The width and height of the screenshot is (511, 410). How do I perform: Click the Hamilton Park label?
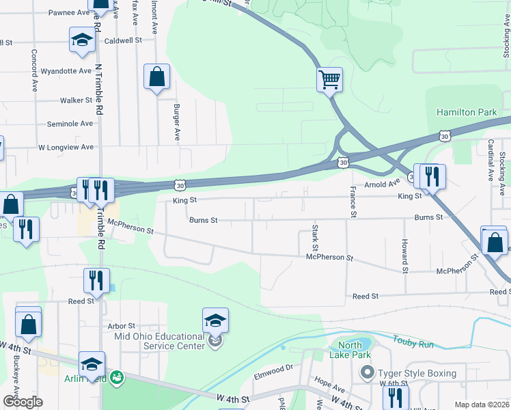tap(467, 112)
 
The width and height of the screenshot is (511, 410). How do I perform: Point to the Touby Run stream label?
tap(413, 340)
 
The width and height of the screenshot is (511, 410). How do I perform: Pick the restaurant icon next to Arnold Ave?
tap(432, 176)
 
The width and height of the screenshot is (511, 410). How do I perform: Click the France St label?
tap(353, 202)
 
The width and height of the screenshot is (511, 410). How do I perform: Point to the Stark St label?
tap(315, 236)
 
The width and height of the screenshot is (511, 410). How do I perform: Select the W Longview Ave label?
tap(66, 147)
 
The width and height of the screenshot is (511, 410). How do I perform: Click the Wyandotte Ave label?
tap(66, 71)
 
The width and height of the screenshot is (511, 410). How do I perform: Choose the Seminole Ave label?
tap(70, 124)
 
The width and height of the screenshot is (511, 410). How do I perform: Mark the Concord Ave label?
tap(33, 70)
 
